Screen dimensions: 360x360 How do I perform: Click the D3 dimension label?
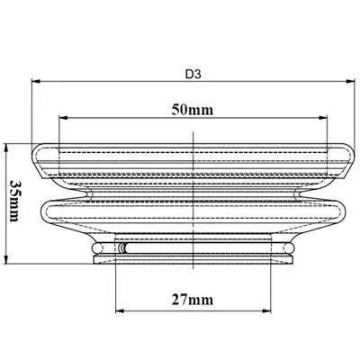[193, 74]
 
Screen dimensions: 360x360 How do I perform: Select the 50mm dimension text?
[193, 110]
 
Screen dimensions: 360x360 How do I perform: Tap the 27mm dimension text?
[193, 300]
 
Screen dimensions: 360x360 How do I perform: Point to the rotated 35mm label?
[14, 201]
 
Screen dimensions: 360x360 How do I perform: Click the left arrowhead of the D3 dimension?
[36, 81]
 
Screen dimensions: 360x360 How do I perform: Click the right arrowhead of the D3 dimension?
[351, 81]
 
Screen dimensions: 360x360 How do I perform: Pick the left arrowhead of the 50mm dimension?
[64, 118]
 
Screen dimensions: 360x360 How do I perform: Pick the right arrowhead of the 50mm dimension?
[322, 118]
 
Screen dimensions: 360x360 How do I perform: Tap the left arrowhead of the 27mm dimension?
[120, 310]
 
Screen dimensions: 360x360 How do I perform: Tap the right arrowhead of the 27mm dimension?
[266, 310]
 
